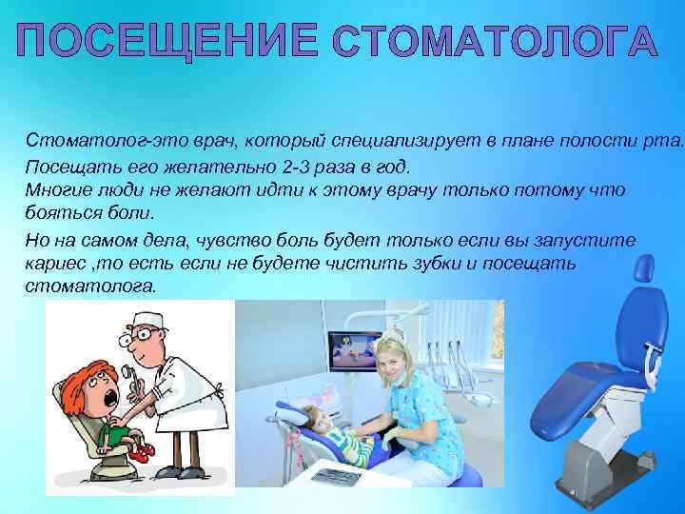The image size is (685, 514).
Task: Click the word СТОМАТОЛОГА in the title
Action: (x=496, y=43)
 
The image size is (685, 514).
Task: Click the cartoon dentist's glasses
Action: (x=140, y=336)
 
